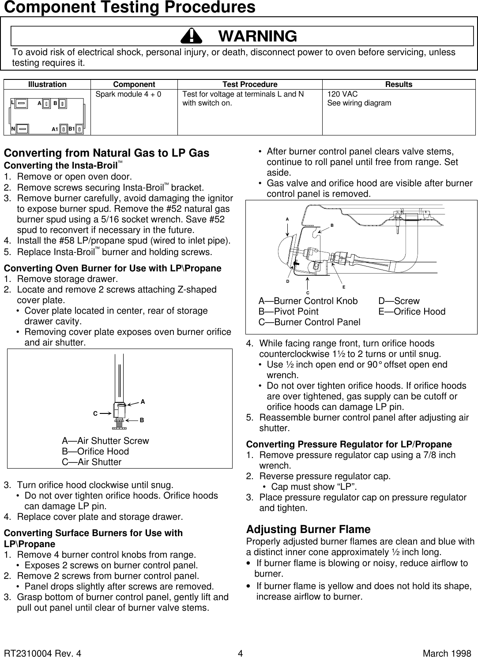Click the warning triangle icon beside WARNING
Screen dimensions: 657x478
193,36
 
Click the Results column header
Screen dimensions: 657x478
399,84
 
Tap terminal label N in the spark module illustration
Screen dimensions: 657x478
13,129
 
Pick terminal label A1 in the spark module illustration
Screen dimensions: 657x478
55,130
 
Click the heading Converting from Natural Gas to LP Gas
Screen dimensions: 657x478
106,153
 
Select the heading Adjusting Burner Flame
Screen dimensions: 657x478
308,529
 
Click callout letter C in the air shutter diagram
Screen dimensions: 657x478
95,414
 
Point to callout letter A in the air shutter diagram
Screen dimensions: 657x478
143,402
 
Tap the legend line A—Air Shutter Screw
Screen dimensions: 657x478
105,441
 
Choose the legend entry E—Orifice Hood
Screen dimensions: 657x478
412,312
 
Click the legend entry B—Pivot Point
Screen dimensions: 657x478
288,312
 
